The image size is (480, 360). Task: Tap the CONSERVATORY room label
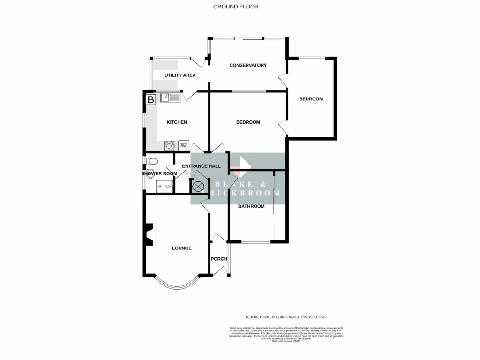(x=247, y=65)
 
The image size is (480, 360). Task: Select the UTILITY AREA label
(x=180, y=75)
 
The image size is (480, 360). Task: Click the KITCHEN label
(x=177, y=122)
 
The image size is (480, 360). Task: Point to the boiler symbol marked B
(x=150, y=100)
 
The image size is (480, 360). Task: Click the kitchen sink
(x=170, y=97)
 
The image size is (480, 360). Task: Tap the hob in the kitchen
(x=169, y=146)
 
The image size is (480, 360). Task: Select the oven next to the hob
(x=183, y=146)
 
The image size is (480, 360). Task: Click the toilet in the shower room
(x=151, y=161)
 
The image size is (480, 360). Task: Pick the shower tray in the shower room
(x=163, y=186)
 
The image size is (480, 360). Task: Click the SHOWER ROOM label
(x=159, y=173)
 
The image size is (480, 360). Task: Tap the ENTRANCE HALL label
(x=201, y=166)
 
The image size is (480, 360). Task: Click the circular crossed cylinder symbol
(x=198, y=186)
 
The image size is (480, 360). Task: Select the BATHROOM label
(x=251, y=206)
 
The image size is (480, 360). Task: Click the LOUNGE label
(x=181, y=248)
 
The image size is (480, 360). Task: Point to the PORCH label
(x=219, y=259)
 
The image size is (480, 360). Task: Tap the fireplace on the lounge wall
(x=150, y=233)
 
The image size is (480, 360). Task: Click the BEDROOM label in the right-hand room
(x=311, y=99)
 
